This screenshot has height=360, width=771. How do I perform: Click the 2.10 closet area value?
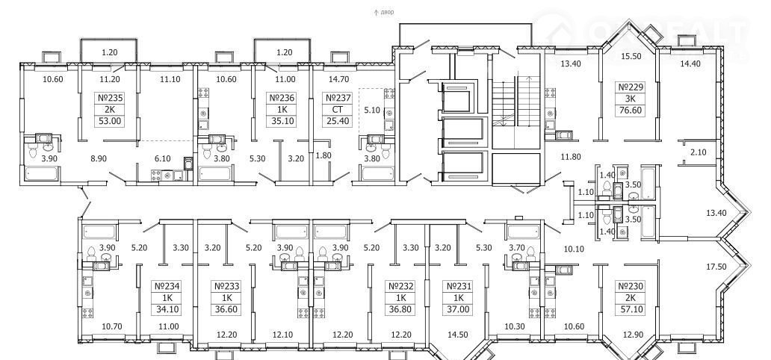(x=698, y=152)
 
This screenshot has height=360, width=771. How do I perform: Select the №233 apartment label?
(x=226, y=287)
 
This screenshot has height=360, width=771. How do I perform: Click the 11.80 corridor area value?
(x=570, y=157)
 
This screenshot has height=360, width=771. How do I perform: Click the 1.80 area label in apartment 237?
(x=323, y=155)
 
